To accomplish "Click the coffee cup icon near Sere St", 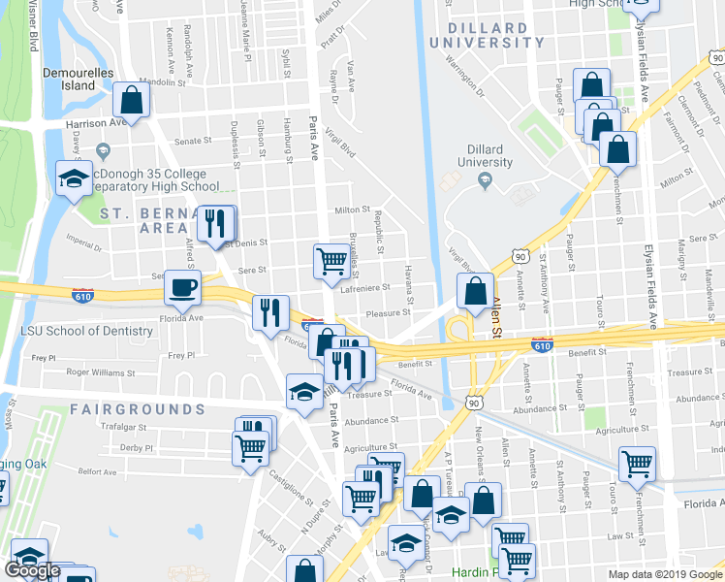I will [183, 287].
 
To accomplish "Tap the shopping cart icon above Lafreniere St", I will [331, 260].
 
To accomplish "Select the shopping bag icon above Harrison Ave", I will [132, 100].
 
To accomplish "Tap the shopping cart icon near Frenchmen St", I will [637, 464].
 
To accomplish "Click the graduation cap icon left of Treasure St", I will [304, 392].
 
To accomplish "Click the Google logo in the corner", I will [32, 570].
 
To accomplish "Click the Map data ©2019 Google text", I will [666, 574].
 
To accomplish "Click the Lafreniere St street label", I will [364, 288].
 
